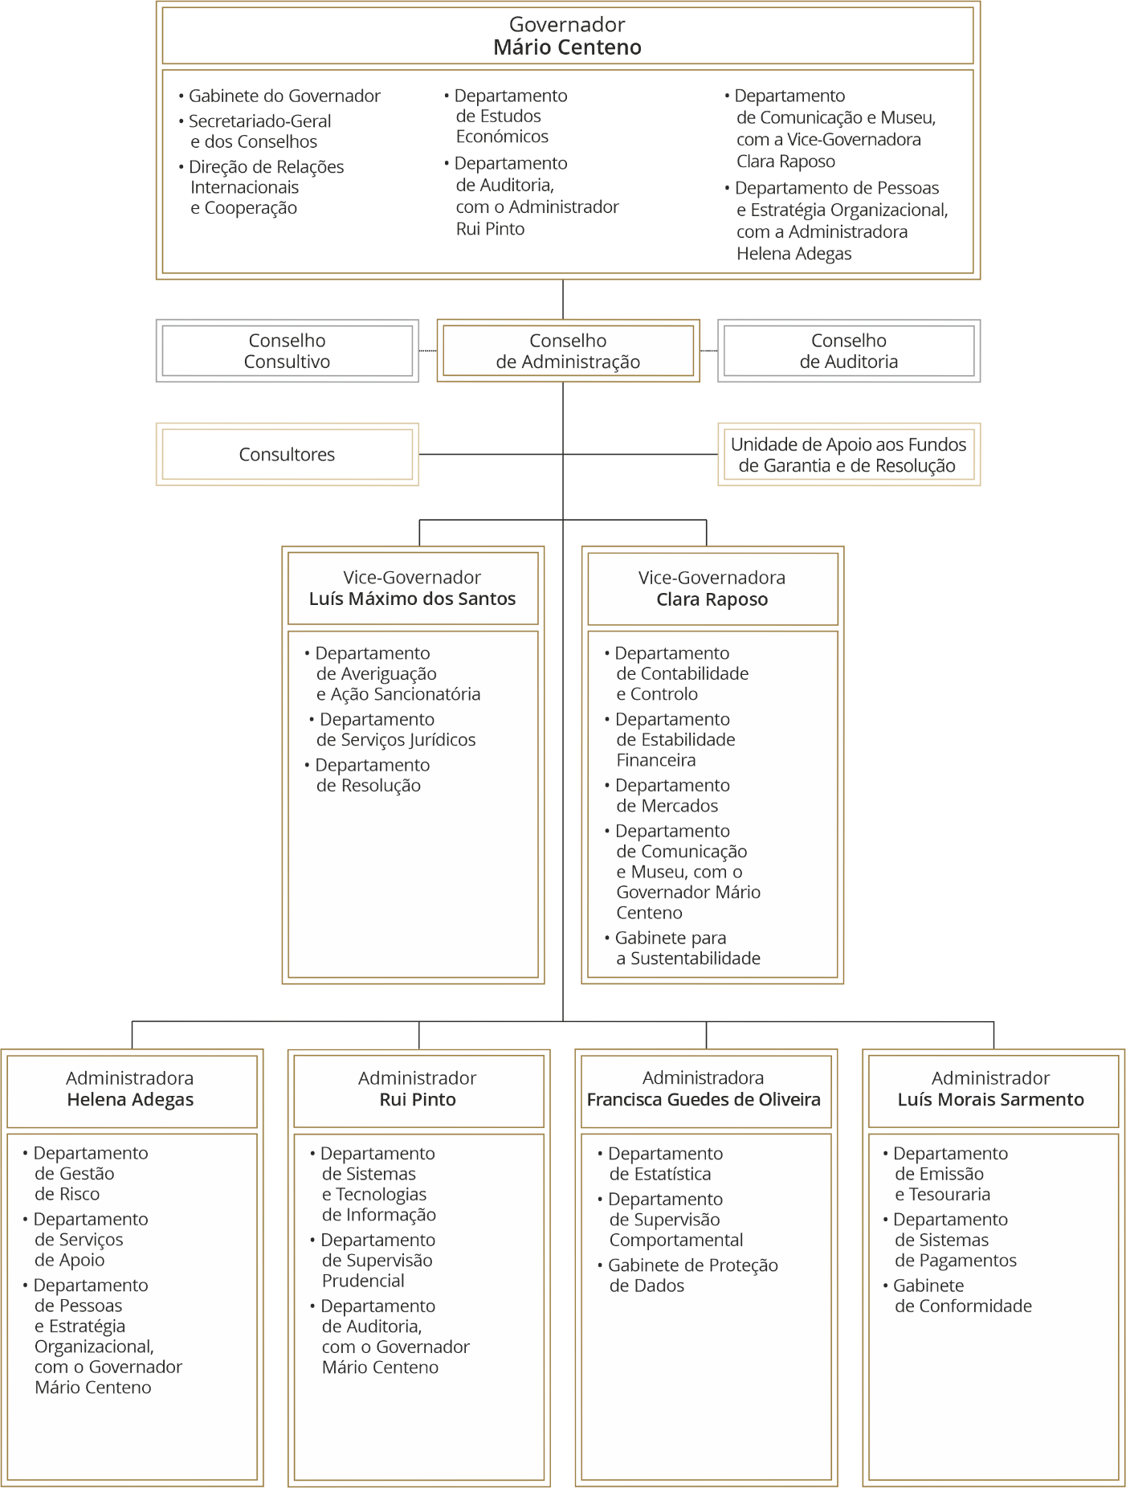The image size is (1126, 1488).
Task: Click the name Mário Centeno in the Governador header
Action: click(568, 47)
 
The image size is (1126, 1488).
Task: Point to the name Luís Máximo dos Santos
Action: click(413, 599)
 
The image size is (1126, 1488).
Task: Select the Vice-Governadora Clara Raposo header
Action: click(712, 589)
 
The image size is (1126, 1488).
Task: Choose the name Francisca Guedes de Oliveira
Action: click(704, 1100)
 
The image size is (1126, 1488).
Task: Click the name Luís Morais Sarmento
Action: click(991, 1100)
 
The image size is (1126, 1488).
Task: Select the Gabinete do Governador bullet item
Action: click(279, 96)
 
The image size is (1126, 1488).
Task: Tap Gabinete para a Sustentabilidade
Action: click(683, 948)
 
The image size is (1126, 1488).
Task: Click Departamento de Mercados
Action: click(667, 795)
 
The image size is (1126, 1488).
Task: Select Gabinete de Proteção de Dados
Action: click(688, 1276)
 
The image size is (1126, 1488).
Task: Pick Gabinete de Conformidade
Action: click(957, 1296)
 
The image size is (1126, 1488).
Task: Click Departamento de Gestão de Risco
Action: click(86, 1174)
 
